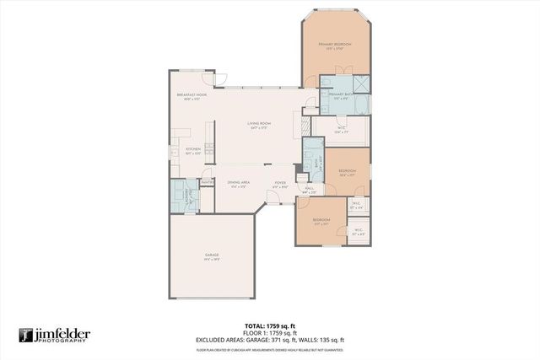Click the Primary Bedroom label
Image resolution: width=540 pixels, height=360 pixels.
pyautogui.click(x=336, y=46)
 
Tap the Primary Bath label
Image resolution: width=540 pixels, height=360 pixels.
pyautogui.click(x=340, y=96)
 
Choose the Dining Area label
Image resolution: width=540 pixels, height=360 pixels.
pyautogui.click(x=239, y=184)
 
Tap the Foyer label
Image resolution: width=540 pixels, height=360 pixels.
pyautogui.click(x=280, y=184)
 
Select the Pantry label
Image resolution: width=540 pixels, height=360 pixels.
pyautogui.click(x=205, y=180)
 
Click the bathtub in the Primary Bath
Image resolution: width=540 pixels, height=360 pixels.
pyautogui.click(x=360, y=105)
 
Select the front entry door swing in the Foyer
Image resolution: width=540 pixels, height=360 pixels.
pyautogui.click(x=274, y=196)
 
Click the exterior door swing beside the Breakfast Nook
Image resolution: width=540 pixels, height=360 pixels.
pyautogui.click(x=222, y=79)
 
